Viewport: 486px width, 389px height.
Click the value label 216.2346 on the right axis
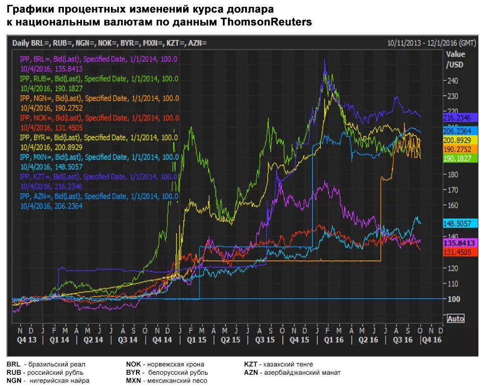[460, 118]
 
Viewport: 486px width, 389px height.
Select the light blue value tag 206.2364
[460, 131]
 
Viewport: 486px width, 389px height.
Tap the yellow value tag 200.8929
[460, 140]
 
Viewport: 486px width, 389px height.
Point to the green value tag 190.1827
[460, 158]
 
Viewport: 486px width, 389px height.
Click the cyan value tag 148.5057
[460, 223]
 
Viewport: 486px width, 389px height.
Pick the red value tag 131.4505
[460, 252]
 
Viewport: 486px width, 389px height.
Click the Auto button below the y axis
[456, 319]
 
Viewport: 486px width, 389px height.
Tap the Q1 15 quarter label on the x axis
[196, 339]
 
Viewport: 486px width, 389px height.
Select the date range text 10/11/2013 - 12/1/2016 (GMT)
[432, 43]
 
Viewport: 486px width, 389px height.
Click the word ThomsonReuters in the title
[267, 23]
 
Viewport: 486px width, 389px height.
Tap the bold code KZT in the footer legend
[251, 364]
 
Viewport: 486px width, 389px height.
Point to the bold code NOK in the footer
[134, 364]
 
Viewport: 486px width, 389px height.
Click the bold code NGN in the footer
[15, 380]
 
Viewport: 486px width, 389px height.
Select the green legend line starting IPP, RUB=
[99, 78]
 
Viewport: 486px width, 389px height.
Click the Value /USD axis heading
[455, 59]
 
